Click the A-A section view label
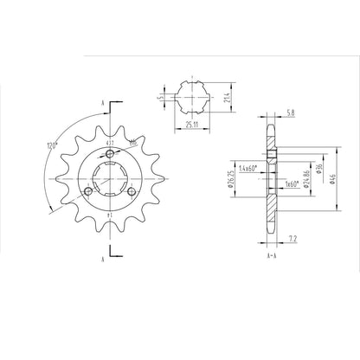272,257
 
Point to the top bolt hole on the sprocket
111,154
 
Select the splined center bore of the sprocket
111,180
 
